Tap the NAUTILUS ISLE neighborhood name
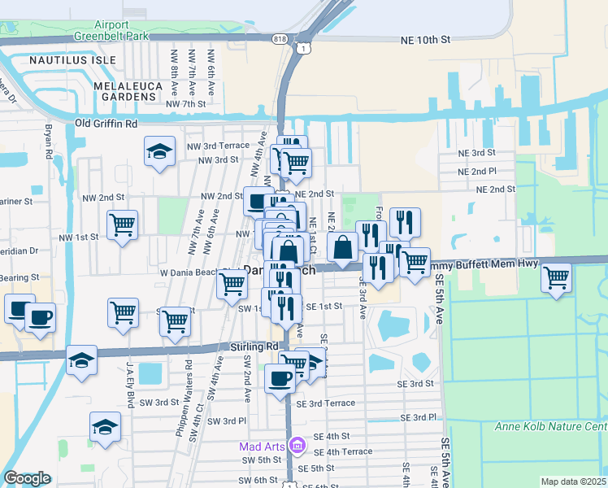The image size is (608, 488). [x=63, y=61]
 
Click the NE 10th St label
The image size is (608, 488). [x=425, y=39]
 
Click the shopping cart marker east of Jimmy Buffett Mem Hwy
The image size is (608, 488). [x=556, y=278]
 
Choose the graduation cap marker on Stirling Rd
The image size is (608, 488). [x=81, y=360]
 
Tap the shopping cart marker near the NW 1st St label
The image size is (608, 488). [x=122, y=225]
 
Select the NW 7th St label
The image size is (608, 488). [x=185, y=104]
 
